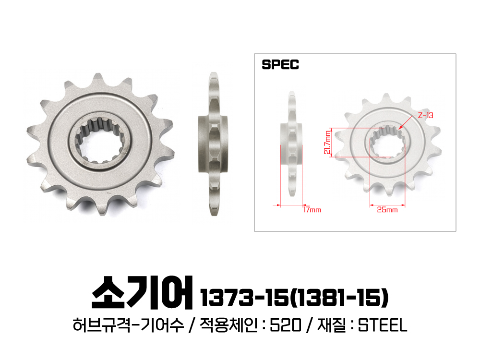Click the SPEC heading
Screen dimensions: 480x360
click(280, 65)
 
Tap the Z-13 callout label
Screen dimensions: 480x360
click(425, 115)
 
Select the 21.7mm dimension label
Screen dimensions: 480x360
click(327, 143)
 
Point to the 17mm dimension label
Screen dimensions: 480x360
click(312, 210)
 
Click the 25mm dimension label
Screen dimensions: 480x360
click(387, 210)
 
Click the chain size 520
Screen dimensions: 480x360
click(285, 325)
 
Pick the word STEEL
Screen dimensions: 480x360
click(383, 325)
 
